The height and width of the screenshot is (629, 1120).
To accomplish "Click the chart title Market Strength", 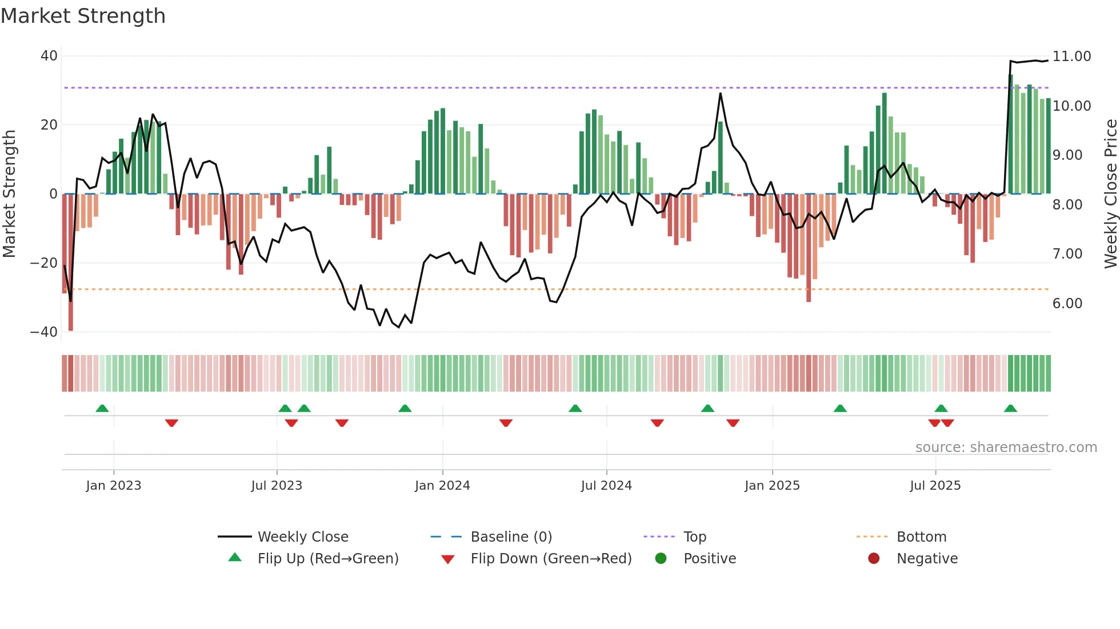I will tap(83, 16).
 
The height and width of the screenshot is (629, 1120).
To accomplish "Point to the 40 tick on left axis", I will tap(49, 56).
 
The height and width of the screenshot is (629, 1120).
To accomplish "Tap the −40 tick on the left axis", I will tap(44, 332).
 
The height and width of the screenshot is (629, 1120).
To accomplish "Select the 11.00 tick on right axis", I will tap(1071, 57).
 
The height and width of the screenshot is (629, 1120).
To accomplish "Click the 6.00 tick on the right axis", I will tap(1067, 303).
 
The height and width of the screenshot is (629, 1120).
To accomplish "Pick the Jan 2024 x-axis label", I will tap(442, 486).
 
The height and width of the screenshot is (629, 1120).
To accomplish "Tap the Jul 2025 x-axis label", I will tap(935, 486).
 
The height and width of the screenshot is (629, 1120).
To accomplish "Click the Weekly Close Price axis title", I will tap(1110, 193).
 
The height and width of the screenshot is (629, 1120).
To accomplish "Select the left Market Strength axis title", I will tap(9, 193).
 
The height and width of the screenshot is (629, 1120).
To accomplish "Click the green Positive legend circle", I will tap(661, 559).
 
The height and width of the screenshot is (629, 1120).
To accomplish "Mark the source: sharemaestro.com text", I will tap(1006, 447).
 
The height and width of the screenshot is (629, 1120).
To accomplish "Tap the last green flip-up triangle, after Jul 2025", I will tap(1010, 409).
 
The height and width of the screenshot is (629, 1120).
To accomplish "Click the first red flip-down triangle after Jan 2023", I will tap(171, 423).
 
